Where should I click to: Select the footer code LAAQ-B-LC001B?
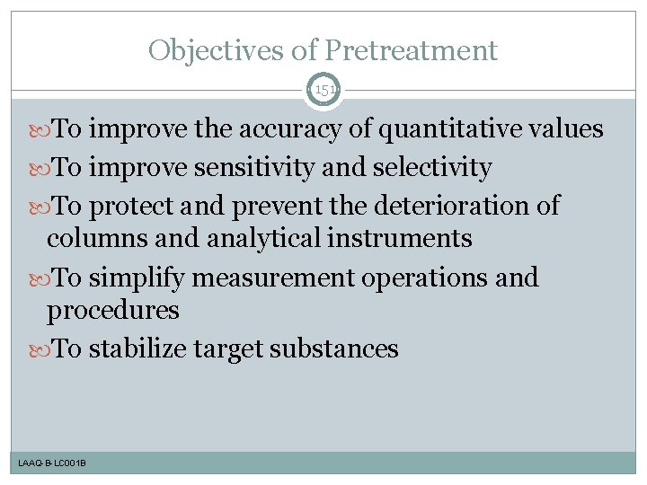click(x=51, y=463)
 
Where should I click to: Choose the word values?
click(x=565, y=129)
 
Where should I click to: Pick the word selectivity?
click(x=430, y=168)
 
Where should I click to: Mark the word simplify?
click(x=141, y=278)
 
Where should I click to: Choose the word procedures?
click(x=113, y=311)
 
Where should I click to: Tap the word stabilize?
click(x=139, y=348)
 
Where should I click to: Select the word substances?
click(x=335, y=348)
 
